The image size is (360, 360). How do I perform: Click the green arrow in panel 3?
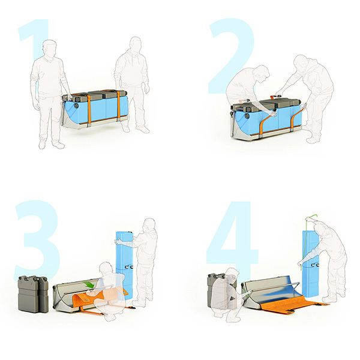(88, 284)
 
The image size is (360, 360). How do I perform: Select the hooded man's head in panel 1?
(136, 44)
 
